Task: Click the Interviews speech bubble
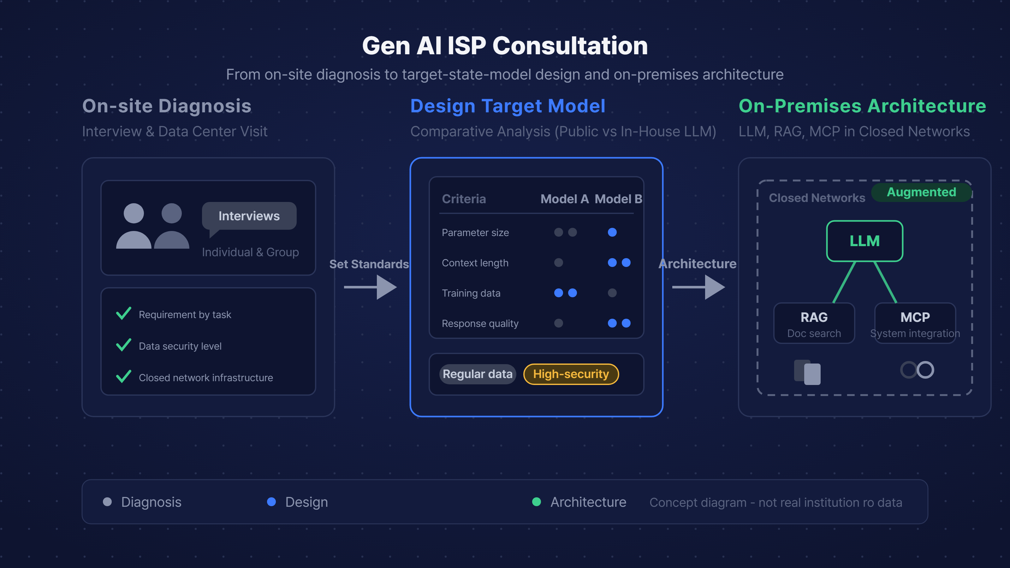(x=249, y=216)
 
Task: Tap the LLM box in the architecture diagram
(x=864, y=241)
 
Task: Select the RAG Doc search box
(x=814, y=323)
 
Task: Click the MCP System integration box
(x=915, y=323)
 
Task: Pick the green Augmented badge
(x=921, y=192)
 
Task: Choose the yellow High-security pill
(x=571, y=374)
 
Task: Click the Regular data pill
(x=478, y=374)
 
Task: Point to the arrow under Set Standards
(x=370, y=287)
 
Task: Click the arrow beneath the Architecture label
(x=699, y=287)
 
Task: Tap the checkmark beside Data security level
(x=123, y=345)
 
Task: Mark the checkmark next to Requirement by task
(x=123, y=314)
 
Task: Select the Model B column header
(x=618, y=199)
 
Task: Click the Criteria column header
(x=464, y=199)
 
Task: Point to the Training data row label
(x=471, y=293)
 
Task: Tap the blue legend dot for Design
(x=271, y=502)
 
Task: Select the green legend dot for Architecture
(x=536, y=502)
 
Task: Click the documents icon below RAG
(x=807, y=372)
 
